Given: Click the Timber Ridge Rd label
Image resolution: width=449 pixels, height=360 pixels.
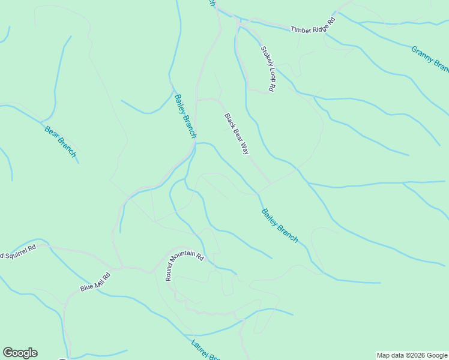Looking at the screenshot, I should pyautogui.click(x=312, y=28).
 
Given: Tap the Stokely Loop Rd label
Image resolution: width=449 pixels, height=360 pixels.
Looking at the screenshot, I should pyautogui.click(x=268, y=68).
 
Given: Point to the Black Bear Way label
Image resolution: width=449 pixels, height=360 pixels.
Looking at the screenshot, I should pyautogui.click(x=237, y=134).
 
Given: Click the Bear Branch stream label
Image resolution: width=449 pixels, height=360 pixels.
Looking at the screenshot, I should pyautogui.click(x=61, y=142).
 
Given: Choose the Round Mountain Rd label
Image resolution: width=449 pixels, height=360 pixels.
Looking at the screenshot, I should pyautogui.click(x=184, y=264).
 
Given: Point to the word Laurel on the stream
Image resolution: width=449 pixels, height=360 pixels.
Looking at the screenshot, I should pyautogui.click(x=200, y=348).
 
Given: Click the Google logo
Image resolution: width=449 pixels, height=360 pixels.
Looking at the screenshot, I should pyautogui.click(x=20, y=353).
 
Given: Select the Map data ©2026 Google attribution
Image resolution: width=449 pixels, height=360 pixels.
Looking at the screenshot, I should pyautogui.click(x=412, y=355).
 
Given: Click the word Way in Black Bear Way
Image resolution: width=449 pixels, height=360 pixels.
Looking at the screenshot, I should pyautogui.click(x=244, y=148).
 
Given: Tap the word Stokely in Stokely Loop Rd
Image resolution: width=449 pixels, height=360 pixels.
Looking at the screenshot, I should pyautogui.click(x=265, y=56).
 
